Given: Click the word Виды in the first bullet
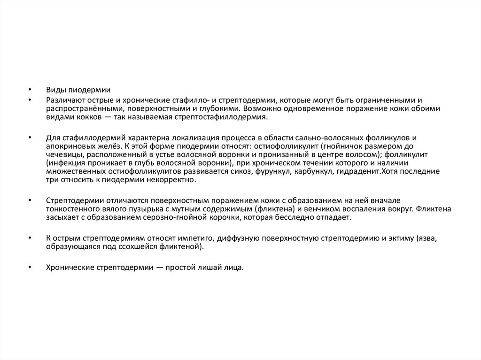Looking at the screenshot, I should (x=54, y=90).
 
